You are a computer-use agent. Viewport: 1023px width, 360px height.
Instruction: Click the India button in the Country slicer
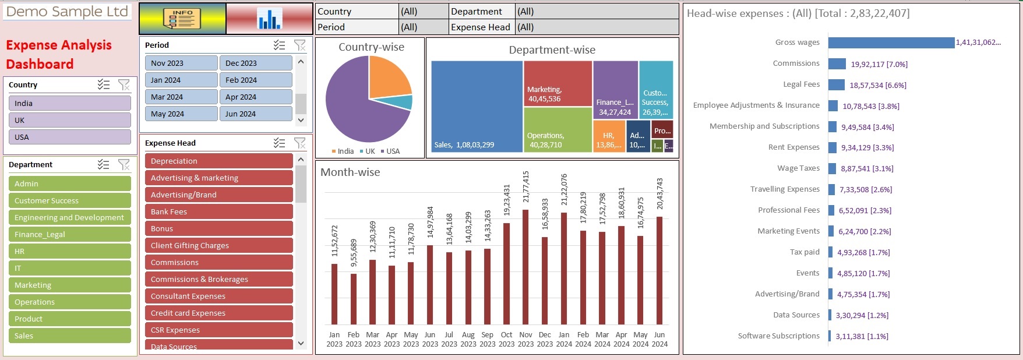point(69,103)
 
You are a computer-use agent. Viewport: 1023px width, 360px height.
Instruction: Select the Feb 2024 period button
point(256,80)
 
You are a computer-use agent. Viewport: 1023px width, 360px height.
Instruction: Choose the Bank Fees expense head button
point(218,211)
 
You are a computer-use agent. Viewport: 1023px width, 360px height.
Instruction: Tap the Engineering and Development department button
point(69,217)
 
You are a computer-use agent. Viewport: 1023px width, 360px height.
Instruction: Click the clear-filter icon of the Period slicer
point(300,45)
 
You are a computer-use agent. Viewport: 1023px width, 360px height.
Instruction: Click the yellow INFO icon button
point(182,19)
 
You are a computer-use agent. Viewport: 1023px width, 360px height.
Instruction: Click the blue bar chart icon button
point(269,19)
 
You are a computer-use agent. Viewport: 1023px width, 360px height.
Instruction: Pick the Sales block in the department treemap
point(477,106)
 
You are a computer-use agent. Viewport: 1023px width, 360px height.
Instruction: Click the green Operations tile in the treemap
point(558,129)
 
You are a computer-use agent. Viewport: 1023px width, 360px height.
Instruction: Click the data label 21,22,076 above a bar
point(564,190)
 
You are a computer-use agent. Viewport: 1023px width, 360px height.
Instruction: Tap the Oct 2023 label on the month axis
point(507,339)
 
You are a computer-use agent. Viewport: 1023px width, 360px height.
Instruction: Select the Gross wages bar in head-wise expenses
point(891,43)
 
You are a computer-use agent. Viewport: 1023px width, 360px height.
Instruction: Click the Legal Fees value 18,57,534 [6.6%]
point(877,86)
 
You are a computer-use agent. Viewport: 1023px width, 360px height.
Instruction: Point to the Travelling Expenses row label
point(784,189)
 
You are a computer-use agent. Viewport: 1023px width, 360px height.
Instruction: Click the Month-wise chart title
point(350,172)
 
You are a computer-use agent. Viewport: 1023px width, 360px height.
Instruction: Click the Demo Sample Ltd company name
point(67,12)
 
